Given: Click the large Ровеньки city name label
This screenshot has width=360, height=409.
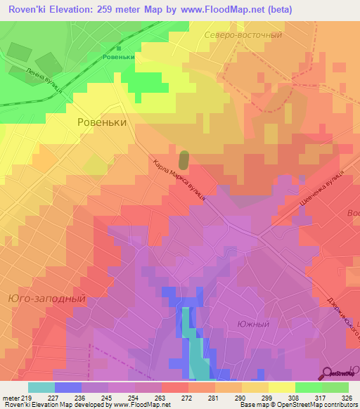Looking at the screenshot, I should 101,122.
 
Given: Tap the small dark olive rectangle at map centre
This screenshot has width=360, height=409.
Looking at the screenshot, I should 184,160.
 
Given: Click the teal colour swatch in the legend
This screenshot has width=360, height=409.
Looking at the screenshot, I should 41,387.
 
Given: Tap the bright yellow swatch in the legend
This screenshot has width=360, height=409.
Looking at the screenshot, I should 281,387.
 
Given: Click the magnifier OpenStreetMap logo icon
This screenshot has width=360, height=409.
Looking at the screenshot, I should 328,372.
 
